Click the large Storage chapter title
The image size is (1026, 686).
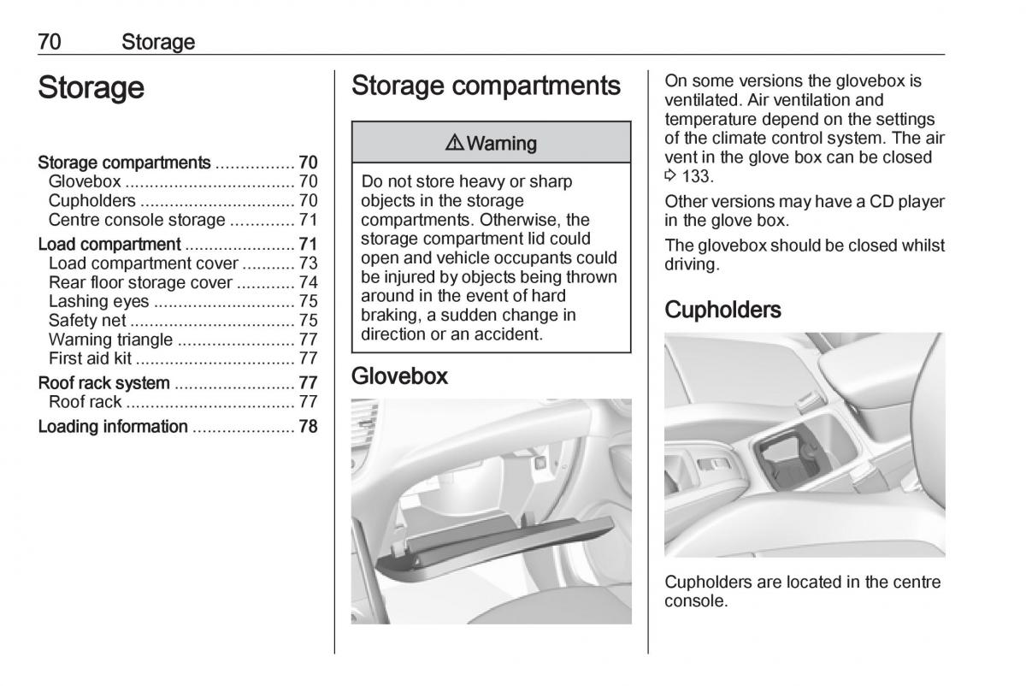(x=91, y=88)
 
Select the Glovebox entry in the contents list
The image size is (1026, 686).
(x=85, y=181)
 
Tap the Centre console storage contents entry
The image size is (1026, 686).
(x=137, y=220)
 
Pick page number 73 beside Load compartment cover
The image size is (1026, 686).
(x=308, y=263)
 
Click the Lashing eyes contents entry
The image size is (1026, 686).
(x=98, y=301)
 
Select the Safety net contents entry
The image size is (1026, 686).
(x=87, y=321)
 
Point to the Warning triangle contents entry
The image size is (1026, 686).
(x=110, y=340)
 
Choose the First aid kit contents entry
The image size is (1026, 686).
(x=90, y=358)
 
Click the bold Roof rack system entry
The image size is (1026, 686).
(x=104, y=382)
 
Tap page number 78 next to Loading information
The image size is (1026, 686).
(x=308, y=426)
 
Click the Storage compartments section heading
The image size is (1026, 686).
(x=486, y=86)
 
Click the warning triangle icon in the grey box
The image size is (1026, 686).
(x=454, y=143)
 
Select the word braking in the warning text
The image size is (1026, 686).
(x=389, y=315)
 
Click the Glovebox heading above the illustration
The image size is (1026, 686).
(x=399, y=376)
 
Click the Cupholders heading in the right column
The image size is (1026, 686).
(x=722, y=310)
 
